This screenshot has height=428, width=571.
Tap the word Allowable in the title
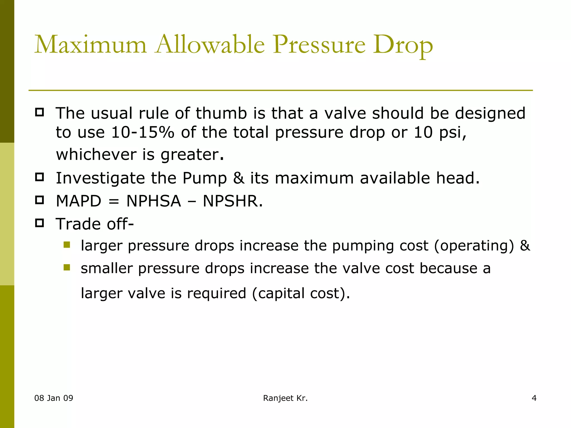[210, 45]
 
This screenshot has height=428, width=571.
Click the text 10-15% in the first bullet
[142, 132]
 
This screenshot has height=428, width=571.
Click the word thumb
[221, 113]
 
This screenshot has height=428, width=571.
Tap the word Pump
[204, 178]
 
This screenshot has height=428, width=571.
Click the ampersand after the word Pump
[238, 178]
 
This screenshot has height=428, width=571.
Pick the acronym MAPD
[78, 201]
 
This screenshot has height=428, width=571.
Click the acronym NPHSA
[154, 201]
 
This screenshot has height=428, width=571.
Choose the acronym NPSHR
[232, 201]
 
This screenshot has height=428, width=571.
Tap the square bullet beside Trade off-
[40, 223]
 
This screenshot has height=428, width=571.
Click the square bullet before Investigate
[40, 177]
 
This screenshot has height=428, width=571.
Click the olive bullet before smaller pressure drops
[67, 267]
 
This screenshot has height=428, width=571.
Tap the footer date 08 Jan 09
[54, 398]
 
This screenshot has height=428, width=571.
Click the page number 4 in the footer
[534, 398]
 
